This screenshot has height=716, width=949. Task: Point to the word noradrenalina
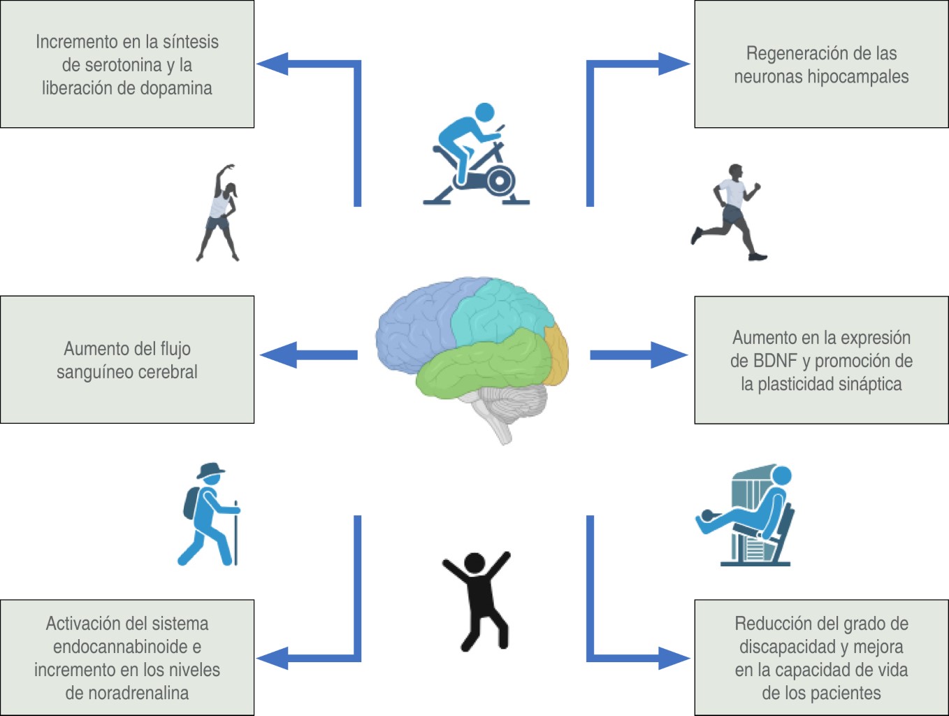click(x=127, y=693)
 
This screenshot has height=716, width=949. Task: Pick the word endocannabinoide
click(x=120, y=647)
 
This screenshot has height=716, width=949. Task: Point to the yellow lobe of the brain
click(x=556, y=354)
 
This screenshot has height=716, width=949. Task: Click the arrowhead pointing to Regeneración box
click(x=674, y=64)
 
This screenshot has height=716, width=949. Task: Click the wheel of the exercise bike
click(x=500, y=180)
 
